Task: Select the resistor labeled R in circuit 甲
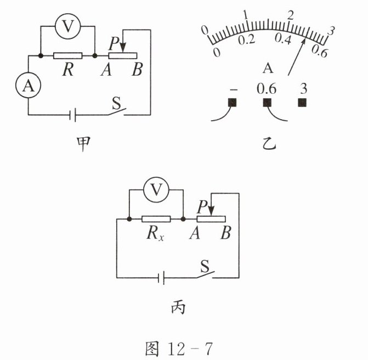coord(67,55)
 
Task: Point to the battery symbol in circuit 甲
coord(73,115)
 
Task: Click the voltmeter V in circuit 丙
coord(157,190)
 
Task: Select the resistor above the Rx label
coord(156,219)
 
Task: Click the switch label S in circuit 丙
coord(205,267)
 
